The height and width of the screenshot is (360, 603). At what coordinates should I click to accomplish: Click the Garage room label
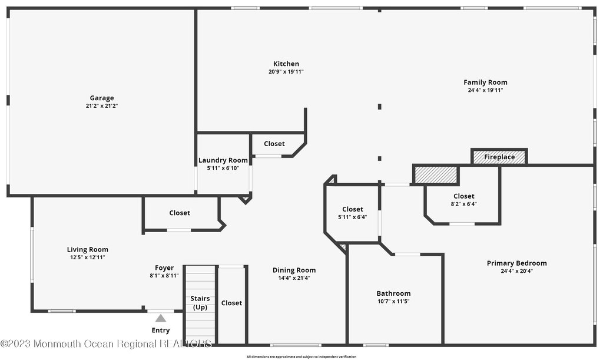click(102, 98)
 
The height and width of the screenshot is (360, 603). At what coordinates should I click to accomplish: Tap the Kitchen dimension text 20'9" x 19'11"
click(286, 72)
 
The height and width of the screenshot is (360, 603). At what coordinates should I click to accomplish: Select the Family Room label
click(485, 82)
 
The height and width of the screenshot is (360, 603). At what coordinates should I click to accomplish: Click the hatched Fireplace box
click(499, 157)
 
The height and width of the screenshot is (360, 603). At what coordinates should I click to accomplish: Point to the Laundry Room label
click(223, 160)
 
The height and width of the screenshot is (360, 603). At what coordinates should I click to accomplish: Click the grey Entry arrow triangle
click(161, 318)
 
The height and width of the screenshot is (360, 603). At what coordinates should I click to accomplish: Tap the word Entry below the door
click(161, 331)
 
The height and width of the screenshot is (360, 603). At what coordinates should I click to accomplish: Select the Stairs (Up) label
click(200, 303)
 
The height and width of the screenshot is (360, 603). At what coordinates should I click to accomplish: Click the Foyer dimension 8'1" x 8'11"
click(164, 275)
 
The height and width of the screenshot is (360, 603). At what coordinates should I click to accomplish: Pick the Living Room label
click(88, 249)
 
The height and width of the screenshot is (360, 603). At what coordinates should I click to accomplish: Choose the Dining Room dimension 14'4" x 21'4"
click(294, 278)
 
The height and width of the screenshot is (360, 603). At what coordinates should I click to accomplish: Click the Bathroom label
click(393, 293)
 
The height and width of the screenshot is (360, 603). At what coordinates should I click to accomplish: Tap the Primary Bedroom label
click(516, 263)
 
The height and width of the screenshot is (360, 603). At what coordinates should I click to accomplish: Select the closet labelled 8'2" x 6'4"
click(463, 200)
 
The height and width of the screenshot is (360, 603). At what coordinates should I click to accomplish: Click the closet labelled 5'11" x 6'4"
click(352, 213)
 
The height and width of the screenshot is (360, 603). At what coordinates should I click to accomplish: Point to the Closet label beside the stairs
click(231, 303)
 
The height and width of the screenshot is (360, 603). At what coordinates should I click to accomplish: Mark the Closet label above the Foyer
click(180, 213)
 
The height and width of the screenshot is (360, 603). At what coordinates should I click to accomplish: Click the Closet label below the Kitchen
click(274, 144)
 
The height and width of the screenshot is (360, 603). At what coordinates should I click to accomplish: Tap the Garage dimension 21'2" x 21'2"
click(102, 106)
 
